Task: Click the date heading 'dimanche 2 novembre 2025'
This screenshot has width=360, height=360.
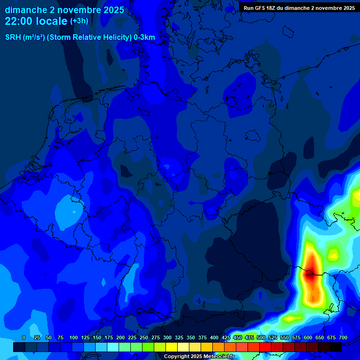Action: click(64, 10)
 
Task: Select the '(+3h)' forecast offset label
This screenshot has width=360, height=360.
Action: click(79, 21)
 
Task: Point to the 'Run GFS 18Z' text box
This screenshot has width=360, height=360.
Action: click(299, 7)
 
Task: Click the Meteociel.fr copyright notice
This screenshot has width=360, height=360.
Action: click(199, 356)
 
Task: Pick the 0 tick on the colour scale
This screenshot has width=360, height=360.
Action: click(24, 337)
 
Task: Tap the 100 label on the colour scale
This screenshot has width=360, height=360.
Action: click(74, 337)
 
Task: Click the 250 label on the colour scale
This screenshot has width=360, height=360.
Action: click(144, 337)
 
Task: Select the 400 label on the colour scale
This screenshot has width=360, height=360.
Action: click(214, 337)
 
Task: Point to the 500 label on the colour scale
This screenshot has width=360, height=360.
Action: click(261, 337)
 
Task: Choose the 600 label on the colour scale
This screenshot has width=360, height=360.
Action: click(308, 337)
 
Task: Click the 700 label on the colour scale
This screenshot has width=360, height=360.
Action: click(343, 337)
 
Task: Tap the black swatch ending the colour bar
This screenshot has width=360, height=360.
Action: click(336, 347)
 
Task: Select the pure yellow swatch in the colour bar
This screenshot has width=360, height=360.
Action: click(172, 347)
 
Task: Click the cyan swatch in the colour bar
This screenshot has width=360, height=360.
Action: click(113, 347)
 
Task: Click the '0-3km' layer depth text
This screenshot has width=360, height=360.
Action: click(144, 37)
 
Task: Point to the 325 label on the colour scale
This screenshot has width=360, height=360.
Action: click(179, 337)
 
